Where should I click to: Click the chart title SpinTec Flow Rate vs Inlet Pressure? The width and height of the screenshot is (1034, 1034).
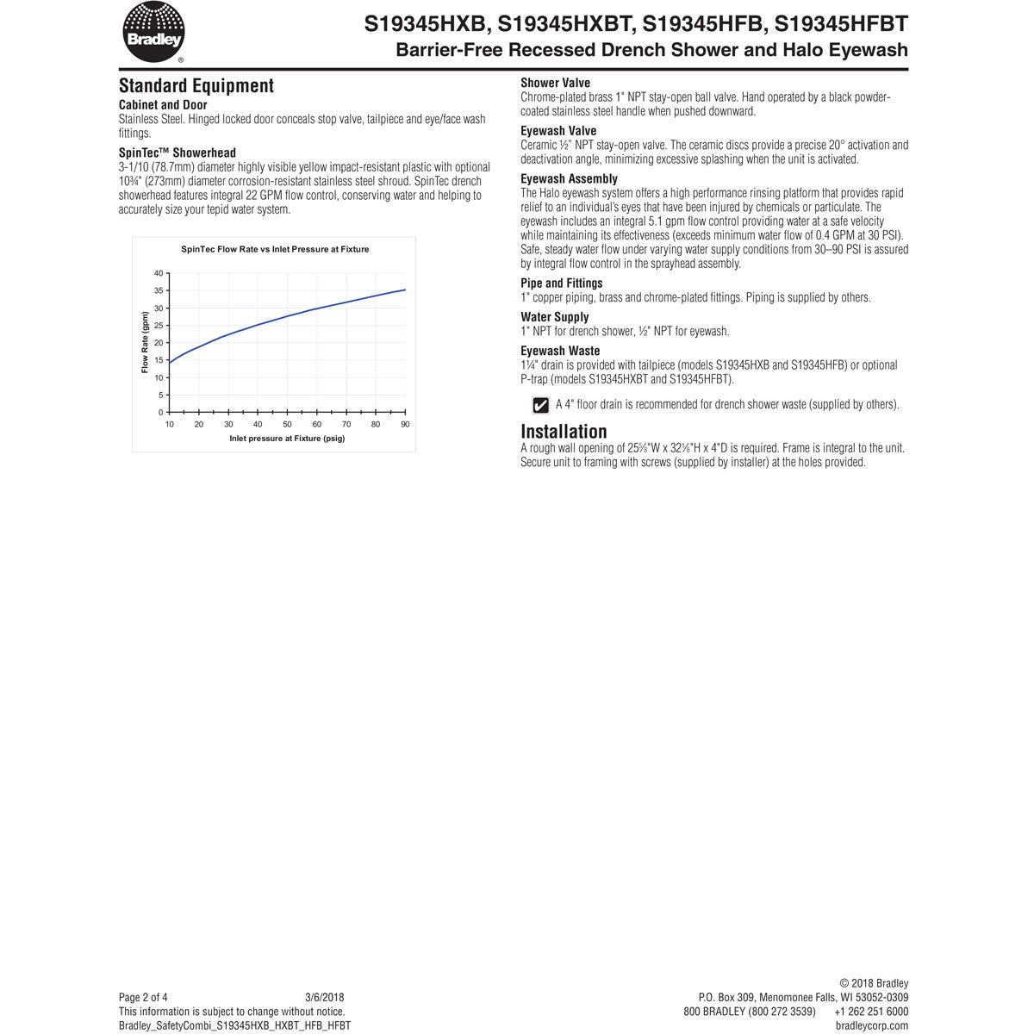click(275, 249)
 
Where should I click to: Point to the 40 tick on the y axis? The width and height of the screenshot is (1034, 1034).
click(159, 273)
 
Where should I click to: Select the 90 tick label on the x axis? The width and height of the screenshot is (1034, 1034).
click(405, 424)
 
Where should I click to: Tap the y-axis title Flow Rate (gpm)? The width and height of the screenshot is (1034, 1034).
click(145, 342)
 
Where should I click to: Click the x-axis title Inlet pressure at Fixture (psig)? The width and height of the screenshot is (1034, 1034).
click(287, 439)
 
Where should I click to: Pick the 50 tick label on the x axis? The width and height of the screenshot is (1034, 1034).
click(287, 424)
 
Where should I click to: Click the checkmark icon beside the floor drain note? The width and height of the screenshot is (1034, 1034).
click(541, 404)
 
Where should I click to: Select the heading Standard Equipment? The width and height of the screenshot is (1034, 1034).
click(196, 85)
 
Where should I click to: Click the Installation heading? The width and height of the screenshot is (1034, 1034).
click(564, 431)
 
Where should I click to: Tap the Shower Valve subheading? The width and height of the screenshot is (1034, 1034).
click(555, 83)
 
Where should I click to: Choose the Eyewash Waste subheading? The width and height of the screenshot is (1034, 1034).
click(560, 351)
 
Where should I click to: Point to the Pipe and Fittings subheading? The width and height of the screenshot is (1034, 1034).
click(562, 283)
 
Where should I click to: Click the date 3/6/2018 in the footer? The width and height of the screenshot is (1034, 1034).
click(325, 997)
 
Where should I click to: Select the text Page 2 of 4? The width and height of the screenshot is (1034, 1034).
click(143, 997)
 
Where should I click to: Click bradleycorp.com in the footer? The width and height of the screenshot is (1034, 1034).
click(871, 1025)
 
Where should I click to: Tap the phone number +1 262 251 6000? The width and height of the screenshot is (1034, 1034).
click(871, 1012)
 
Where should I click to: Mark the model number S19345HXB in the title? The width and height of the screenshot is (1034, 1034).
click(426, 23)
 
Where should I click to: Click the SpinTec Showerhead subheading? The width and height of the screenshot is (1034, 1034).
click(177, 153)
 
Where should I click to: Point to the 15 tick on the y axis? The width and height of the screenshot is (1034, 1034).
click(159, 360)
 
